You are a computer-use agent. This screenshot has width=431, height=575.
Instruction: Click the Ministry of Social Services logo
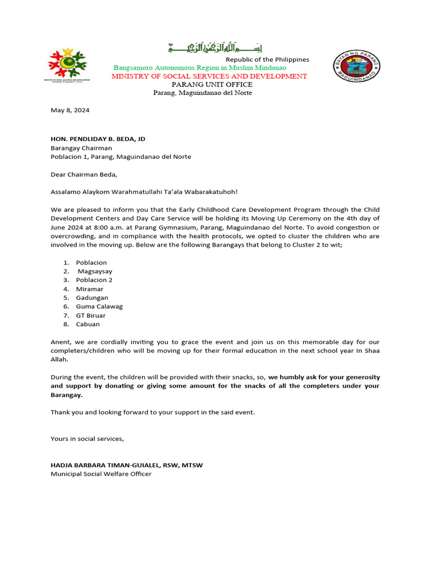click(x=69, y=65)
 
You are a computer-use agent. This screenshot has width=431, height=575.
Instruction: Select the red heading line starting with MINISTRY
click(x=209, y=76)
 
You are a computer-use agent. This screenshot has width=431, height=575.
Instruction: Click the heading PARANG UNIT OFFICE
click(x=208, y=85)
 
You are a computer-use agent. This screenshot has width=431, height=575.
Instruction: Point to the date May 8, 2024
click(x=70, y=110)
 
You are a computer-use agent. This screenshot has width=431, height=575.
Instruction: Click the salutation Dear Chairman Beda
click(x=84, y=175)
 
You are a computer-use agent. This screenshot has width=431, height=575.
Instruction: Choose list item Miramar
click(x=90, y=289)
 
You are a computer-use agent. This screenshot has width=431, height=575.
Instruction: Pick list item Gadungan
click(x=92, y=298)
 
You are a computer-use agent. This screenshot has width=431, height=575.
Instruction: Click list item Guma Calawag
click(x=99, y=307)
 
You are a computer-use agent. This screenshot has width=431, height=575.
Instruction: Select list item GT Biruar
click(x=91, y=316)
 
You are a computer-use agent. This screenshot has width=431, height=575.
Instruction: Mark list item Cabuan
click(x=88, y=324)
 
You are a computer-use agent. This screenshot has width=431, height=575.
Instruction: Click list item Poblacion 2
click(x=94, y=280)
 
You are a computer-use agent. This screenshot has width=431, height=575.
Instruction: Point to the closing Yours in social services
click(x=87, y=439)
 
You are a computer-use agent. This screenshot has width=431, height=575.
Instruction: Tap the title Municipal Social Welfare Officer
click(x=101, y=474)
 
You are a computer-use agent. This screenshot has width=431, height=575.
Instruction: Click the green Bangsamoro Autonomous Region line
click(x=200, y=68)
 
